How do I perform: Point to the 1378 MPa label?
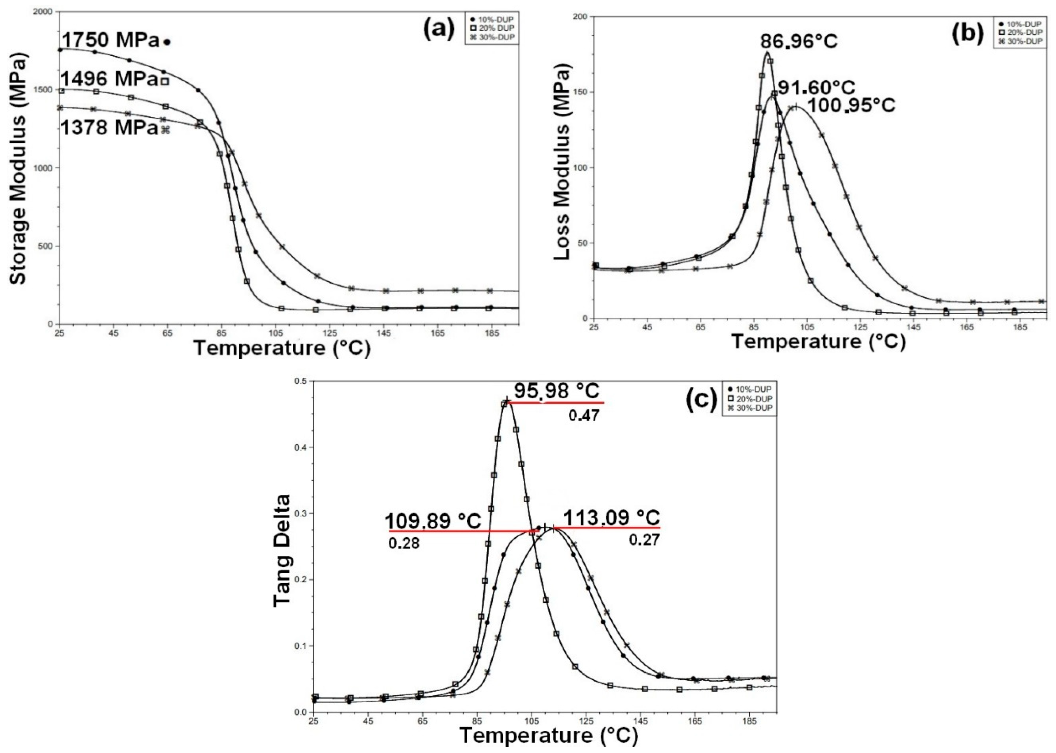point(110,128)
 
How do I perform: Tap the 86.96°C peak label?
point(798,42)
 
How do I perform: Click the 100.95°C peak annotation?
point(851,105)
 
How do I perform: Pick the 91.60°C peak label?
point(816,88)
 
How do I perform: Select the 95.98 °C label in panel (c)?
point(556,391)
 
